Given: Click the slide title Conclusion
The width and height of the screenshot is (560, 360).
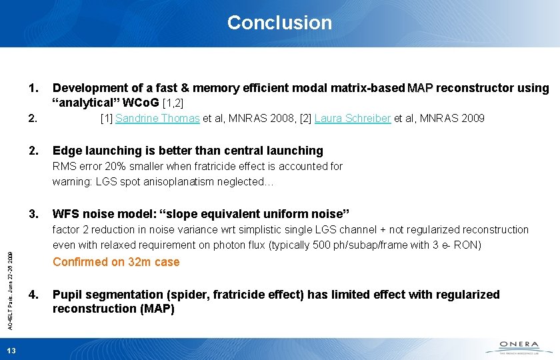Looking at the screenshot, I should tap(279, 23).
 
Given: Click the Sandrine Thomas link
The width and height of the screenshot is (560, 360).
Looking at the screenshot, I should tap(157, 119).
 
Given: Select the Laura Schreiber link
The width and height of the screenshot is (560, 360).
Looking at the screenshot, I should tap(353, 119).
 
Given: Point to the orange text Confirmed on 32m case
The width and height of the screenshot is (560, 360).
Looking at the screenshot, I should tap(116, 262).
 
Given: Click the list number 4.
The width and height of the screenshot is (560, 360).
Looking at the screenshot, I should tap(34, 295).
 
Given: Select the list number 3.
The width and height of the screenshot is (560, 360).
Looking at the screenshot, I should tap(34, 214).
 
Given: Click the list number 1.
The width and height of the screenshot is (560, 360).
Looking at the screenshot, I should tap(34, 88).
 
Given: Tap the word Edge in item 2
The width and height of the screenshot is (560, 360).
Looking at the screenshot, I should tap(65, 151).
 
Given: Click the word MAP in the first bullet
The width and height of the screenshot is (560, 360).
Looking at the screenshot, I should tap(420, 88).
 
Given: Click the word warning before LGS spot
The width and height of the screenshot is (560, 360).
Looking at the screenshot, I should tap(71, 182).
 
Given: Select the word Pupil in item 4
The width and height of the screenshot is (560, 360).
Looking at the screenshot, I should tap(67, 295).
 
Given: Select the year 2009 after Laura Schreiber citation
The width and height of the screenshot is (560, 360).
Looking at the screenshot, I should tap(473, 119).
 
